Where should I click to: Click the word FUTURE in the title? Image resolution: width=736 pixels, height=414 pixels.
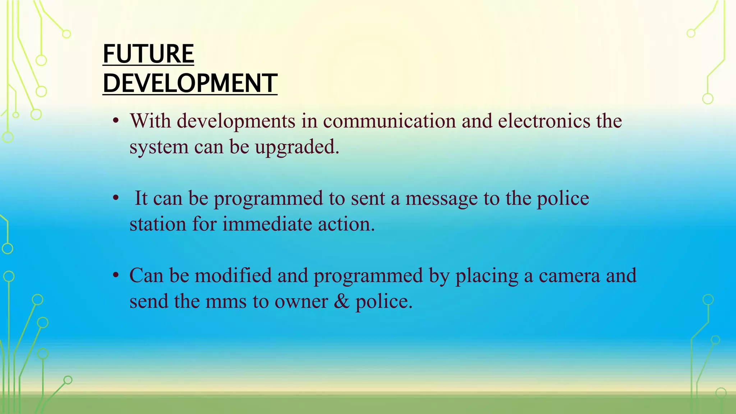click(148, 54)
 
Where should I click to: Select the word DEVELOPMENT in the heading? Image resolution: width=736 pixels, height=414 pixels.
click(190, 83)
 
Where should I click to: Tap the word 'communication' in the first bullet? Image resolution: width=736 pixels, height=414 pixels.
click(389, 121)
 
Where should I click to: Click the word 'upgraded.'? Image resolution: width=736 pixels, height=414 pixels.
click(297, 147)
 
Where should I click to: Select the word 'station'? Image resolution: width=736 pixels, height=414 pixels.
click(158, 224)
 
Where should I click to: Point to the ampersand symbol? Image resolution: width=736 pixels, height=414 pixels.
click(341, 301)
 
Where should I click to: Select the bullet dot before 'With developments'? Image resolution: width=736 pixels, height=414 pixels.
click(115, 121)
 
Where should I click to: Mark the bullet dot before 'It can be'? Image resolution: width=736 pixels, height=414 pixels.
click(115, 198)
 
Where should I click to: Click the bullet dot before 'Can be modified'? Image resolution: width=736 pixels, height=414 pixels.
click(115, 276)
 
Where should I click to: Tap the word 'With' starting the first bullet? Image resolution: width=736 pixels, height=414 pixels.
click(150, 121)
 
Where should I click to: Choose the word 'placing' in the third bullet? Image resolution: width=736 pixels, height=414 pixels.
click(487, 276)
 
